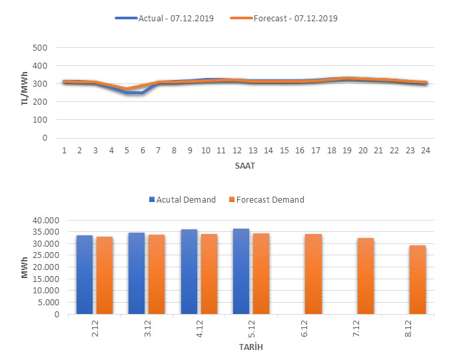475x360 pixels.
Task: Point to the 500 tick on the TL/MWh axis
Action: (x=41, y=48)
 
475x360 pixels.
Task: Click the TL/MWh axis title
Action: (x=25, y=93)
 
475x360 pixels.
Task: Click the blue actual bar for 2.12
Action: (x=85, y=275)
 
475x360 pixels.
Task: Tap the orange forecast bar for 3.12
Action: (x=157, y=275)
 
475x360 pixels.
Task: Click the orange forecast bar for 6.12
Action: (x=313, y=274)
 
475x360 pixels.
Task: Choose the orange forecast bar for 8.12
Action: (x=418, y=280)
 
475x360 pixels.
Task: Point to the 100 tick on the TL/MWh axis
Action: (x=41, y=120)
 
